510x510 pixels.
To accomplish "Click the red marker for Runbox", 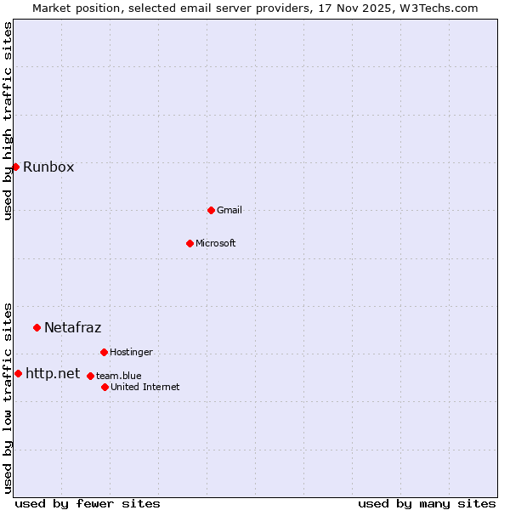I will [x=15, y=167].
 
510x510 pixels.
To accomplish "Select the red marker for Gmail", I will [x=211, y=210].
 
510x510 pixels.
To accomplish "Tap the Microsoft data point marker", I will [x=190, y=243].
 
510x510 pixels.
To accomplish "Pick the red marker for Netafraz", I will [x=37, y=327].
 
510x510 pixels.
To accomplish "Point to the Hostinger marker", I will [x=104, y=352].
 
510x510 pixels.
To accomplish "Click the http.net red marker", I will [x=18, y=373].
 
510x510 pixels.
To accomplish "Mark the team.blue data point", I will [x=90, y=376].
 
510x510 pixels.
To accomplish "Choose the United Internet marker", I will [x=105, y=387].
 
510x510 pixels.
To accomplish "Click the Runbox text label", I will [x=48, y=167].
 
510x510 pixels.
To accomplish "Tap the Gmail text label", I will [x=229, y=210].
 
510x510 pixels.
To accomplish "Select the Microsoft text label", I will [x=216, y=243].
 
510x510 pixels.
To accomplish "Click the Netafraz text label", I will [x=72, y=327].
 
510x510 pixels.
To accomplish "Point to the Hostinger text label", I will [x=131, y=352].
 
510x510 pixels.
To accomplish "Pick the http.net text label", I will [x=53, y=373].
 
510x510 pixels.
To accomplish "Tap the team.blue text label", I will [x=119, y=376].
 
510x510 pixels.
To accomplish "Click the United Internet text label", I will [x=144, y=387].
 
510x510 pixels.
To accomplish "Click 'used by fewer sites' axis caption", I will [x=88, y=503].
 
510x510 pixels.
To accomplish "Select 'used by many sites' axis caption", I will [x=426, y=503].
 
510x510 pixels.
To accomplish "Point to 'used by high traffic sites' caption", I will [x=8, y=121].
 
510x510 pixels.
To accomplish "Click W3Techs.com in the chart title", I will [x=439, y=8].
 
